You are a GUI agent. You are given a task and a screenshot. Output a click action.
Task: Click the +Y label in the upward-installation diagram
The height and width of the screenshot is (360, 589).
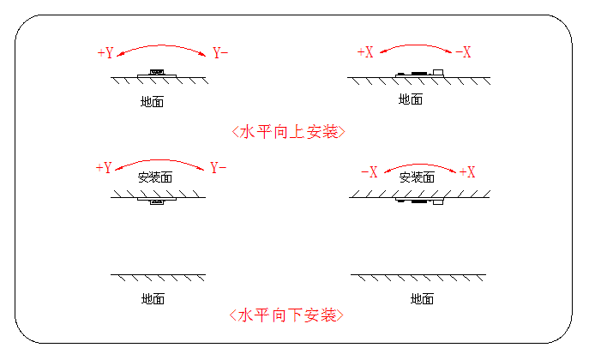105,53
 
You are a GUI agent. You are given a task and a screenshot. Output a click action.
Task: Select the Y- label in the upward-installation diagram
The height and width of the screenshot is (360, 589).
220,53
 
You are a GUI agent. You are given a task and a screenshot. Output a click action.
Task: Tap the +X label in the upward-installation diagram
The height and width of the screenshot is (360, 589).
365,53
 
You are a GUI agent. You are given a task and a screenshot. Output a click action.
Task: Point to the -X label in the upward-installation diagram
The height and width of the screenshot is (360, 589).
464,53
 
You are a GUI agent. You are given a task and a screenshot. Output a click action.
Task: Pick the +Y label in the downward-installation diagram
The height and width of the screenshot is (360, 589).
105,167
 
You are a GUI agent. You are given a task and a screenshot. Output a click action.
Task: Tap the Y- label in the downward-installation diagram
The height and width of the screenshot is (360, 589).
219,167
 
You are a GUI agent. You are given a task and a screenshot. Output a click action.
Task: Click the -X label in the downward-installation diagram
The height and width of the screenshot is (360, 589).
370,172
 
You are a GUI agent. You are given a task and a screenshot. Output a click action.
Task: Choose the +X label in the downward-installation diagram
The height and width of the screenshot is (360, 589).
467,172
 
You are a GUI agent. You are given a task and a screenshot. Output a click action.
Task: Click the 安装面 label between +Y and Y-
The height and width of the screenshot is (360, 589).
155,177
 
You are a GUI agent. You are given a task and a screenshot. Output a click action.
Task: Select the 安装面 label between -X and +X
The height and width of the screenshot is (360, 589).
417,177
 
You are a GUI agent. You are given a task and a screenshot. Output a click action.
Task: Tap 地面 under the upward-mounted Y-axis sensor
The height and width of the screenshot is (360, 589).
153,101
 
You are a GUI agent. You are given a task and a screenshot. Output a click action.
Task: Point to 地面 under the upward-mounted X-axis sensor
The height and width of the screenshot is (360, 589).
411,99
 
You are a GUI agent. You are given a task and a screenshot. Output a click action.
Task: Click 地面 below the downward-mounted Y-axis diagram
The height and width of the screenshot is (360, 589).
153,298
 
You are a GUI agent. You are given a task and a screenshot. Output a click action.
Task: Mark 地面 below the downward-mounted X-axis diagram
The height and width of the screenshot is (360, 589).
422,298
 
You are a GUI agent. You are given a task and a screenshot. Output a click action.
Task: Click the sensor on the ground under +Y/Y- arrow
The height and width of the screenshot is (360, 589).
156,74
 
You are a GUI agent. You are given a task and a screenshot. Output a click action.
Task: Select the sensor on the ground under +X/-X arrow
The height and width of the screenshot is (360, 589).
419,73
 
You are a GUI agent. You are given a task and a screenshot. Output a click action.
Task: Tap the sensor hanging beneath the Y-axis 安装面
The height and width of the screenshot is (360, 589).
156,202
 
